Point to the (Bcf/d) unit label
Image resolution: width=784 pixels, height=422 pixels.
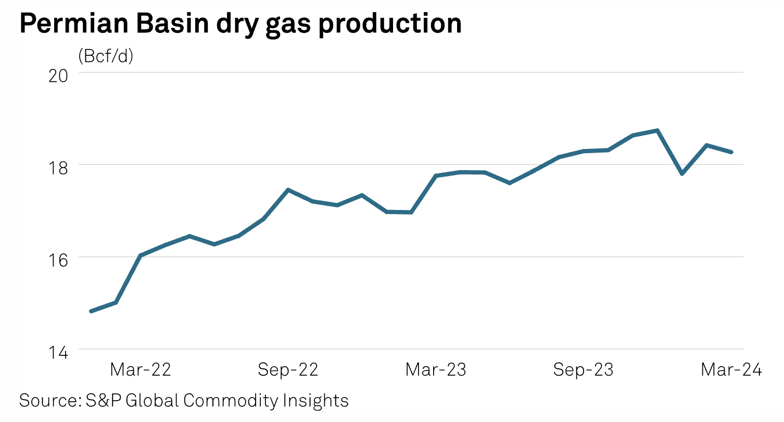point(106,56)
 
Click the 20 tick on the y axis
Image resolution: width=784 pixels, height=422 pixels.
point(58,73)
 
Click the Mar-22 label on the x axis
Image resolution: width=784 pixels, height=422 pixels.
point(141,370)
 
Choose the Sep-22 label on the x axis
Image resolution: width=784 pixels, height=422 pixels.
point(288,370)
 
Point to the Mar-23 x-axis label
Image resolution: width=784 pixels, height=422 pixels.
point(436,370)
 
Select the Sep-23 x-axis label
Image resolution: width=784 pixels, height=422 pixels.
point(583,370)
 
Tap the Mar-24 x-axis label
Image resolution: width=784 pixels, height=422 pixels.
point(731,370)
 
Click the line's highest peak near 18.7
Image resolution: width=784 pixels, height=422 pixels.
point(657,130)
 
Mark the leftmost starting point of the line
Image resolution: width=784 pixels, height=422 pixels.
point(91,312)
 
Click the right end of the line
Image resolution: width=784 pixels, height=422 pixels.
point(731,152)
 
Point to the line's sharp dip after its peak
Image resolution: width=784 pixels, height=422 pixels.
point(682,173)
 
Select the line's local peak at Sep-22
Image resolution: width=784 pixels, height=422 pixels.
point(288,190)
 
